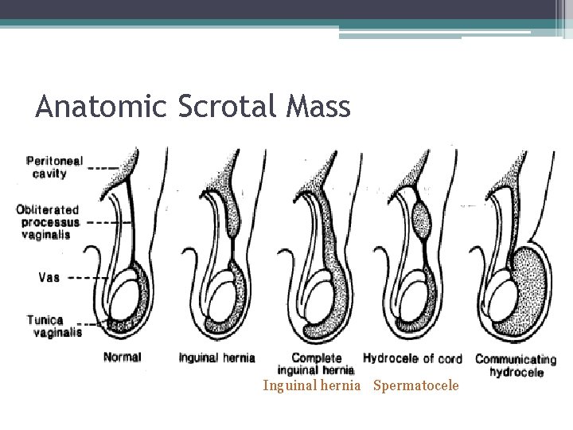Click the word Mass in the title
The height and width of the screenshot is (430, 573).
[318, 107]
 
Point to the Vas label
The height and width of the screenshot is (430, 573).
[48, 278]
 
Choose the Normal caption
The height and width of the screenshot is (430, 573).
[122, 357]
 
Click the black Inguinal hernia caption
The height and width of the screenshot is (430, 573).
[216, 358]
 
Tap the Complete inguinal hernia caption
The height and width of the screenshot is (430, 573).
[316, 364]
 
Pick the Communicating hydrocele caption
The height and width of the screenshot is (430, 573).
[516, 365]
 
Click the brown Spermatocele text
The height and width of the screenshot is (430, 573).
[415, 386]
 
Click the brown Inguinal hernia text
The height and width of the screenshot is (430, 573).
[311, 386]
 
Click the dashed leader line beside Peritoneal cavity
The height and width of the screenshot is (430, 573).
[101, 167]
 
